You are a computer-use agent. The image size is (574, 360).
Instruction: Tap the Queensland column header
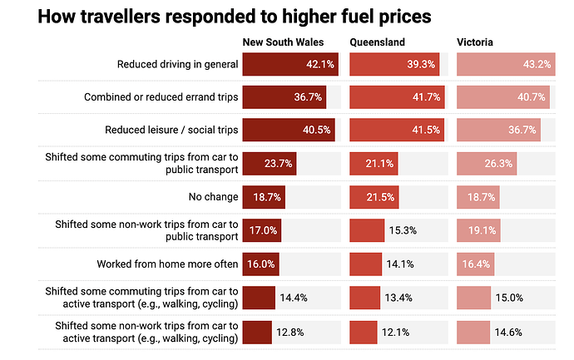click(x=379, y=42)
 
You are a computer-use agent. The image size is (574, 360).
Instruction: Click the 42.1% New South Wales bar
click(x=289, y=64)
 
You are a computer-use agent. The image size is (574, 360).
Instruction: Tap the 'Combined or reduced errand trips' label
click(x=161, y=97)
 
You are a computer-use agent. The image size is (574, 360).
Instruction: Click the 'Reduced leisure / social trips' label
click(x=171, y=131)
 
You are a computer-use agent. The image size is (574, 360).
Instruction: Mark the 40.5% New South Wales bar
click(x=288, y=131)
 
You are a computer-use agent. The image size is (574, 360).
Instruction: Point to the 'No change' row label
click(x=214, y=197)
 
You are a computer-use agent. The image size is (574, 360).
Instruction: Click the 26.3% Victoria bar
click(x=487, y=164)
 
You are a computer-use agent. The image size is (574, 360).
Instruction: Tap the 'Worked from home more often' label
click(x=168, y=264)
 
